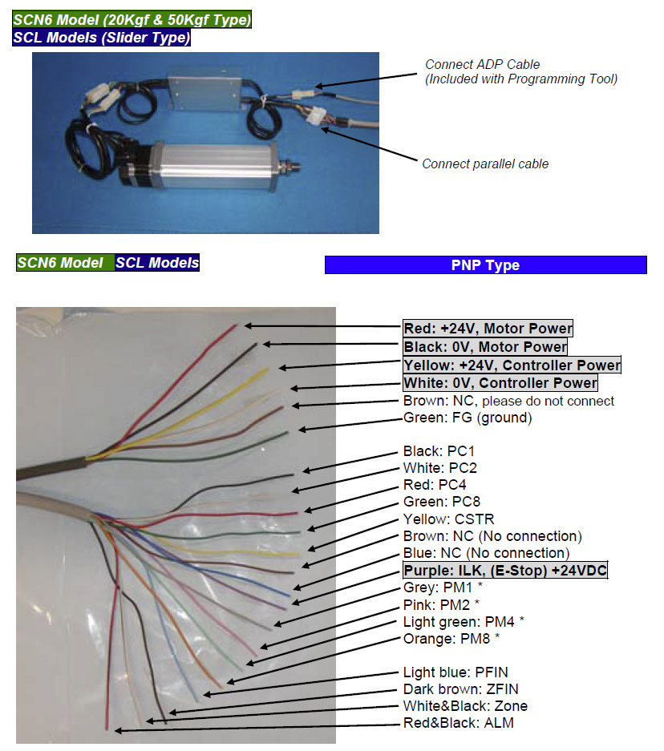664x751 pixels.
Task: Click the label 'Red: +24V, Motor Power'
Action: (488, 328)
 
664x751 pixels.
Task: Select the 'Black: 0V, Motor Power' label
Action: (484, 346)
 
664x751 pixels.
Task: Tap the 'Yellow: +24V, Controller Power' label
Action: (512, 365)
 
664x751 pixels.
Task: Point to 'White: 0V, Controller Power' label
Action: (500, 383)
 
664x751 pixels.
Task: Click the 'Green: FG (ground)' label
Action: (467, 418)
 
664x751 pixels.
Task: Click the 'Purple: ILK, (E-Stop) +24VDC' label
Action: (504, 570)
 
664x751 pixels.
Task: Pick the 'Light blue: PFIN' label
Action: (455, 672)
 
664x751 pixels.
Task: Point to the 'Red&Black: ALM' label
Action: (458, 723)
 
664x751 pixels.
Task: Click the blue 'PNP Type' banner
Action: (485, 265)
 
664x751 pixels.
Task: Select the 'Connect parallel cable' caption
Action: (485, 164)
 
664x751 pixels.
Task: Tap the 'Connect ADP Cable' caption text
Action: (482, 64)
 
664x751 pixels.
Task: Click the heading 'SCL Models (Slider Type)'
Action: (102, 37)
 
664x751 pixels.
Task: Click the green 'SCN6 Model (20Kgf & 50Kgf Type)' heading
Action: (132, 19)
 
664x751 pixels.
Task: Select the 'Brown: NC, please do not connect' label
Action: (508, 401)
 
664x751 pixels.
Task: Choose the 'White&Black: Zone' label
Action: (464, 706)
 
